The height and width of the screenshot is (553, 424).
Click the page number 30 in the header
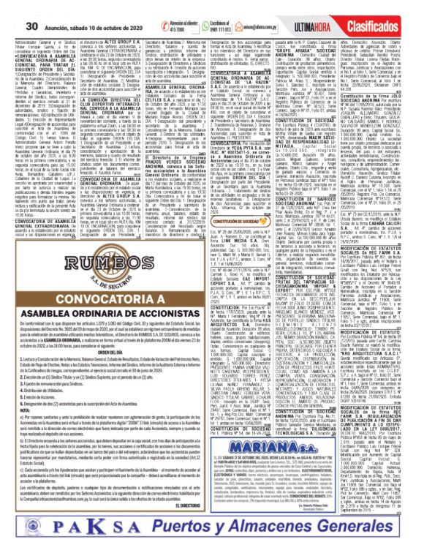(13, 7)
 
